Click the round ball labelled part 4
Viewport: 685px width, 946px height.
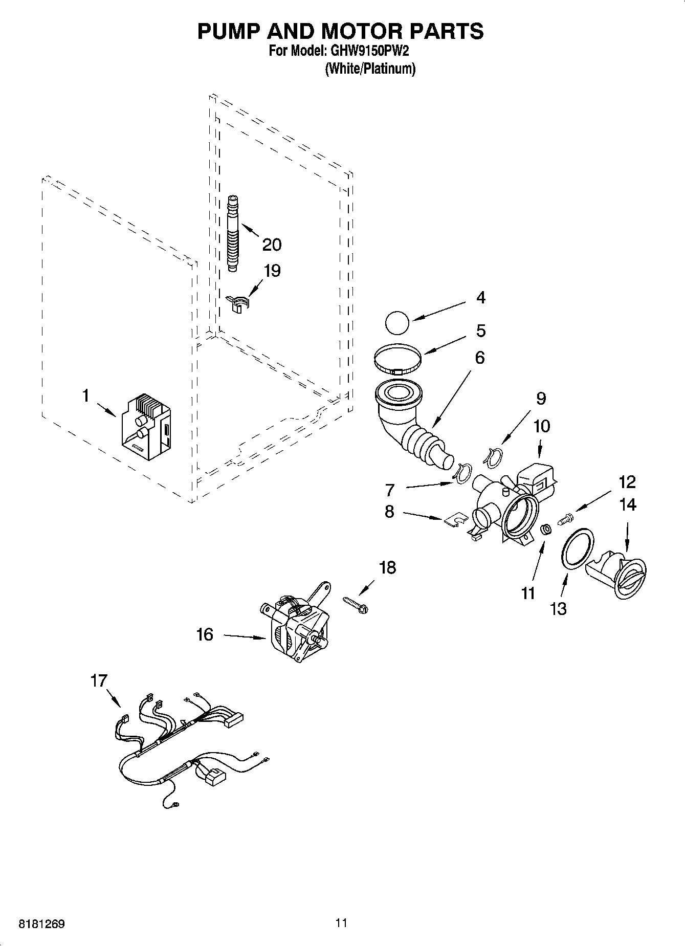(x=397, y=324)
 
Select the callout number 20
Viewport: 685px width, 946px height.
(x=272, y=245)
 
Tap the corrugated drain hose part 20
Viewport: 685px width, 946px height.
(x=234, y=233)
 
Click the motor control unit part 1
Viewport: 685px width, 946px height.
(x=146, y=427)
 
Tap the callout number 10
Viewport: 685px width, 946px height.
(x=542, y=426)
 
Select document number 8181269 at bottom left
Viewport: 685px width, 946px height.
(x=41, y=923)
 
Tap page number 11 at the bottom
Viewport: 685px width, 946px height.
(x=341, y=922)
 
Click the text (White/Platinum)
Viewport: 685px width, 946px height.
(x=370, y=69)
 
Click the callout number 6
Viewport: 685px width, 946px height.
(x=479, y=357)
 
